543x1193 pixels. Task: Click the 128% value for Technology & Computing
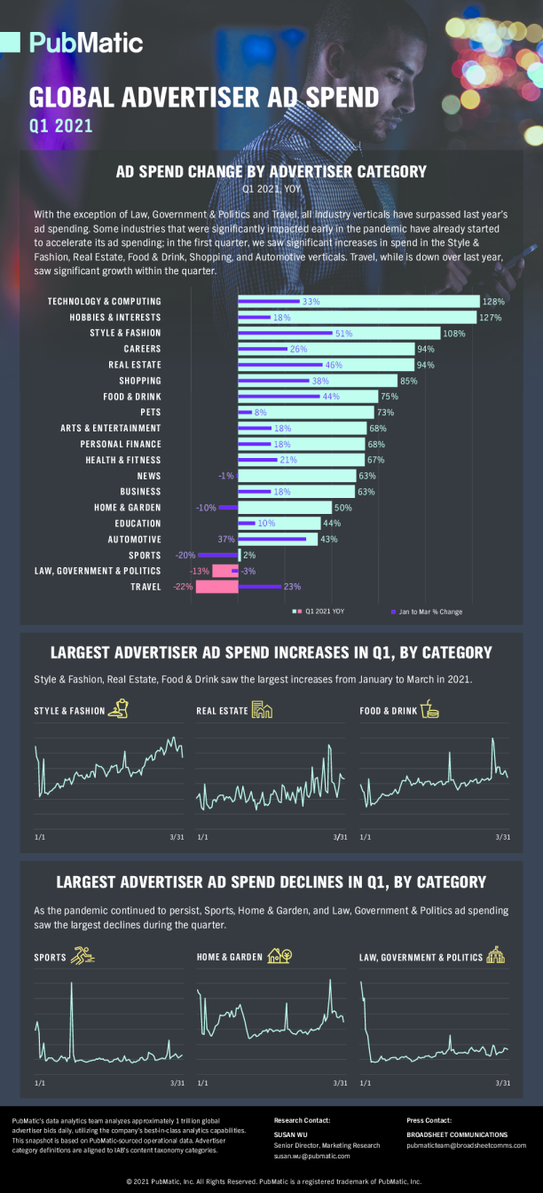pos(493,302)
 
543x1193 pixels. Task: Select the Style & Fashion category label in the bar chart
pos(125,334)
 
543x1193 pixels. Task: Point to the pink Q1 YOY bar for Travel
pos(216,587)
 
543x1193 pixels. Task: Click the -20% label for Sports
pos(185,555)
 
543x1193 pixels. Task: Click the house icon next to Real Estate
pos(262,709)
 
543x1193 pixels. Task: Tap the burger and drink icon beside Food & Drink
pos(431,709)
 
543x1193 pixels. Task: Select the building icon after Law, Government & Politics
pos(495,956)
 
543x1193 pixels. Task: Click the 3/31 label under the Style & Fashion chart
pos(177,837)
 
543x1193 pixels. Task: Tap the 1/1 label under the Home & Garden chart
pos(203,1083)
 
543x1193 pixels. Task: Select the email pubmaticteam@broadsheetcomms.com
pos(466,1146)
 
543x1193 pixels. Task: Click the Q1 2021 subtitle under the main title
pos(60,126)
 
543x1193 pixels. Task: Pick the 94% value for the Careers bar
pos(426,350)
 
